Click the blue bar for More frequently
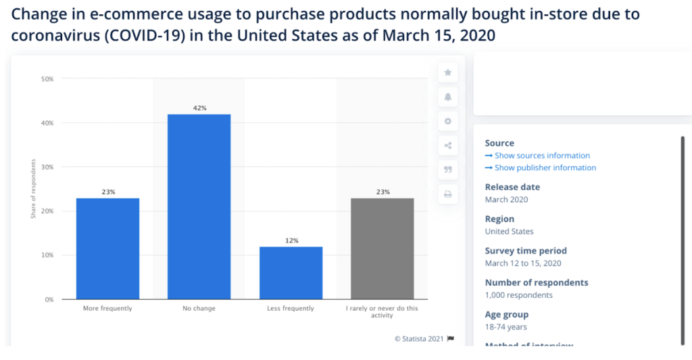108,249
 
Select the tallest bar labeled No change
199,207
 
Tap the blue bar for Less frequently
291,273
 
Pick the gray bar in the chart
382,249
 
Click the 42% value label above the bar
199,108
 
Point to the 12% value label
291,240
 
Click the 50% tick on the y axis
47,79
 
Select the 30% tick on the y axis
47,167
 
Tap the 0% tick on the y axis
49,299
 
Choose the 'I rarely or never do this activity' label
382,312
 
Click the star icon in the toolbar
447,72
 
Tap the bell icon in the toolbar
447,97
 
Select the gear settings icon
447,122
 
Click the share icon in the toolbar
447,145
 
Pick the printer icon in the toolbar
447,195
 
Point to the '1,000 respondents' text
518,295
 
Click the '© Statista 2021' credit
419,339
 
